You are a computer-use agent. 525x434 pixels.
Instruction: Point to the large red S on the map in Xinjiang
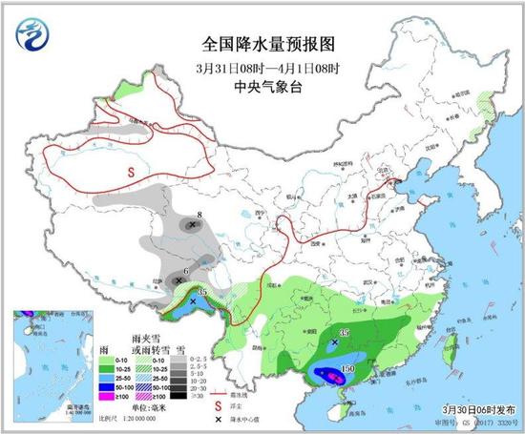pos(131,172)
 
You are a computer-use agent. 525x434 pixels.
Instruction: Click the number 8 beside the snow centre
pos(199,215)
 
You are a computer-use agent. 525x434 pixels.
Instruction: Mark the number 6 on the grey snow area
pos(183,271)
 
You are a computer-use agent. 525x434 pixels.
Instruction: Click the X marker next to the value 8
pos(194,224)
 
